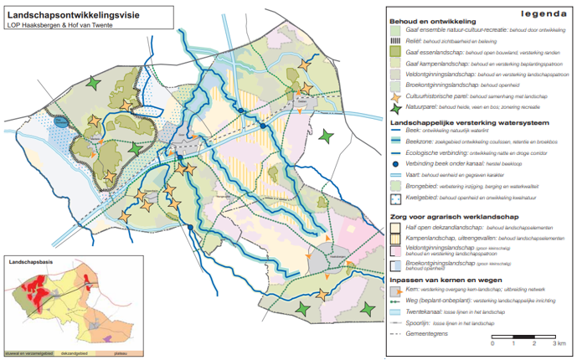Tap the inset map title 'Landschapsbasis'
[30, 261]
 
